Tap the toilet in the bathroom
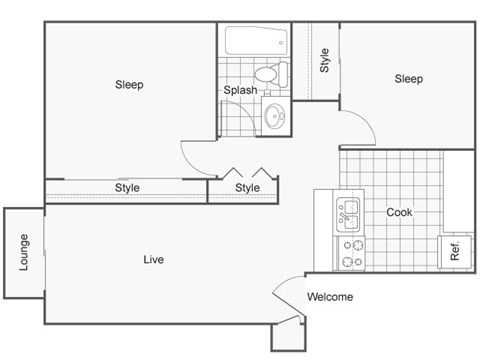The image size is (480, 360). point(268,73)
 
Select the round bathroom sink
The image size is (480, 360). point(275,117)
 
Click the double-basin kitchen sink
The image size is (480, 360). point(349,213)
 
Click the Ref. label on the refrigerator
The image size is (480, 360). point(455,252)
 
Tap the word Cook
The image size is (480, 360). point(399,212)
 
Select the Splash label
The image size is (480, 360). point(240,90)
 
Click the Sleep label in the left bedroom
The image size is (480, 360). point(129,85)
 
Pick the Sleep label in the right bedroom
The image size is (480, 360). point(407,79)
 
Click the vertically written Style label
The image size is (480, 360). point(325,61)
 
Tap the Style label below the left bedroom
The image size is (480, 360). point(127,188)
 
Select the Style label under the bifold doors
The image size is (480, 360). point(247,188)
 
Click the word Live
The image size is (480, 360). point(153,260)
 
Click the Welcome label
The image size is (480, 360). point(329,297)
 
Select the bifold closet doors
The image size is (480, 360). point(248,172)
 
